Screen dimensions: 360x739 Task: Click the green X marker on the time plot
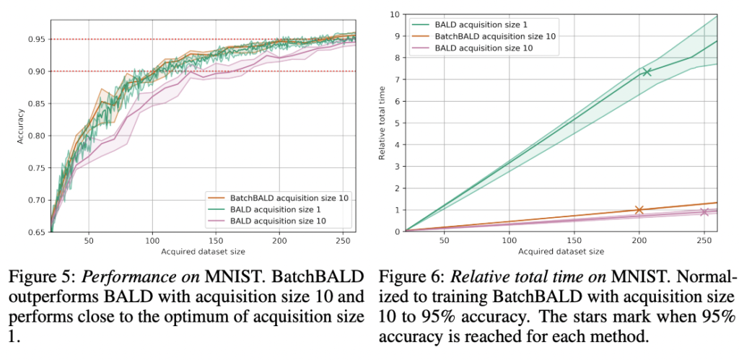(647, 71)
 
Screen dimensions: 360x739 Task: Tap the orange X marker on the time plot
(639, 210)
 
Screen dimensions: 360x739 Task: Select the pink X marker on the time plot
(704, 211)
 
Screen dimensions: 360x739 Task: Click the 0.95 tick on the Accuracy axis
(37, 39)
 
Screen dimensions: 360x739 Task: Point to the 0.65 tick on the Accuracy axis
(37, 232)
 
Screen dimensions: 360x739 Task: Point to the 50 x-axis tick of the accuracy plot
(89, 240)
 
